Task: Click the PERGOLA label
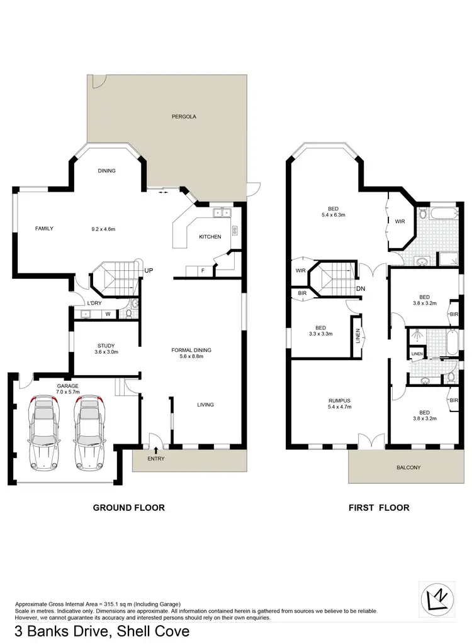pos(183,117)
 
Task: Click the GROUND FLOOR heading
pos(128,508)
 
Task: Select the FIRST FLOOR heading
pos(379,508)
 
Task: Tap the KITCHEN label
pos(210,237)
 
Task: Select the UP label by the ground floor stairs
pos(149,270)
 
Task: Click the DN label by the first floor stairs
pos(361,288)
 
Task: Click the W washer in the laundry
pos(108,314)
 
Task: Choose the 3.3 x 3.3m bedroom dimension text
pos(320,334)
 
